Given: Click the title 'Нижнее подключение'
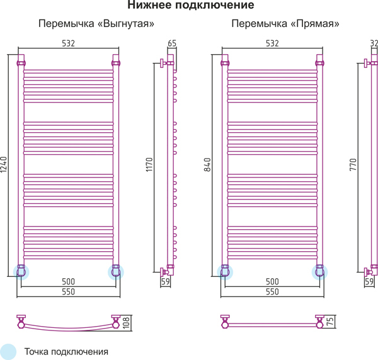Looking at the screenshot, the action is [x=191, y=5].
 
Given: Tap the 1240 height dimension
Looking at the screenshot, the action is [x=4, y=164].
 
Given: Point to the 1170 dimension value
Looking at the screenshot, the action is [x=149, y=164].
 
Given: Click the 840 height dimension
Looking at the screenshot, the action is [x=207, y=164].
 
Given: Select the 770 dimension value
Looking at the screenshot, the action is [x=353, y=164].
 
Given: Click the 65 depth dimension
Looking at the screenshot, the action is [x=172, y=43].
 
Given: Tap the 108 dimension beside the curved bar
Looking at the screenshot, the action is [x=127, y=323].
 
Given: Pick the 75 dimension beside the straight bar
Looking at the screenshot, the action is [x=330, y=322].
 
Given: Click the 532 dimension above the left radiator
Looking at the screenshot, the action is [x=69, y=43].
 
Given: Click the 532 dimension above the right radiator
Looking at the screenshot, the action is [x=272, y=43].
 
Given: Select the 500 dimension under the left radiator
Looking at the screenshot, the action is [x=69, y=281].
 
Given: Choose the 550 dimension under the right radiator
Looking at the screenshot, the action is [x=272, y=291].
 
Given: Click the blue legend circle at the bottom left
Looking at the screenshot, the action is [x=8, y=352].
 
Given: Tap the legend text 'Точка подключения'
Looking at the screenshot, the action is [x=66, y=352].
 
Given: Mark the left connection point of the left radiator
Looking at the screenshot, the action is [x=21, y=272].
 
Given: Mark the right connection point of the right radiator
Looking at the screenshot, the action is [x=319, y=272].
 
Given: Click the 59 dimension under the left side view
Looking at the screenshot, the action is [x=166, y=281].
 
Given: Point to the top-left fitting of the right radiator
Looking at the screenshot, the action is [x=225, y=64].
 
